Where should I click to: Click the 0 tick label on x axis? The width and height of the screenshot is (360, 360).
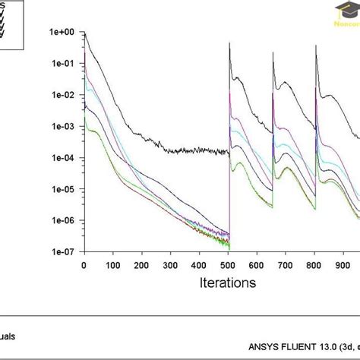coord(84,265)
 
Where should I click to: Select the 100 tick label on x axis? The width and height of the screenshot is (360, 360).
coord(113,265)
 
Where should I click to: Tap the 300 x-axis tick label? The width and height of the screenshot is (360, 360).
coord(170,265)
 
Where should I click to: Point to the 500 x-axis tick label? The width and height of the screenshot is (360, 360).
coord(227,265)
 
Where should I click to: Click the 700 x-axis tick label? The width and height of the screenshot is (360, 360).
coord(284,265)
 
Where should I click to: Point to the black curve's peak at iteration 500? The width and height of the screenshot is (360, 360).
coord(230,43)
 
